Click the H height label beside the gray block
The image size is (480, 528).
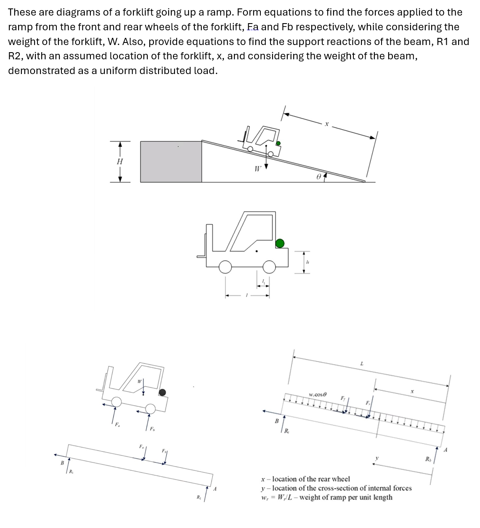pyautogui.click(x=120, y=161)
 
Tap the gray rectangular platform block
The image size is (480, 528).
pyautogui.click(x=171, y=162)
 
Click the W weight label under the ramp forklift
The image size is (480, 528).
pyautogui.click(x=257, y=168)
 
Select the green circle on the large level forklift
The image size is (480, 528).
pyautogui.click(x=280, y=243)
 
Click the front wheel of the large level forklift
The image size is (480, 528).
pyautogui.click(x=225, y=266)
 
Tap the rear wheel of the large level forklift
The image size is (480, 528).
pyautogui.click(x=269, y=266)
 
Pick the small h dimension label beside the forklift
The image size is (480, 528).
pyautogui.click(x=308, y=262)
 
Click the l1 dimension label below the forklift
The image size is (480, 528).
pyautogui.click(x=263, y=282)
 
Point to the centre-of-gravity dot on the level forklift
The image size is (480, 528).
pyautogui.click(x=257, y=252)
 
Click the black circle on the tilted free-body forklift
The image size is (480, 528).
pyautogui.click(x=162, y=392)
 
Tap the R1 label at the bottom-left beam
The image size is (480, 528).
pyautogui.click(x=71, y=471)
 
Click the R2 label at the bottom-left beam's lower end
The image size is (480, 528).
pyautogui.click(x=198, y=497)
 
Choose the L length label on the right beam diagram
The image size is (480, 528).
pyautogui.click(x=362, y=363)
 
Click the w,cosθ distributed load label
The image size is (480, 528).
pyautogui.click(x=318, y=395)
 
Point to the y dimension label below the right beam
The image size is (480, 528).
pyautogui.click(x=377, y=458)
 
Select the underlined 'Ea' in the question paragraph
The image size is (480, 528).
pyautogui.click(x=253, y=27)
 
